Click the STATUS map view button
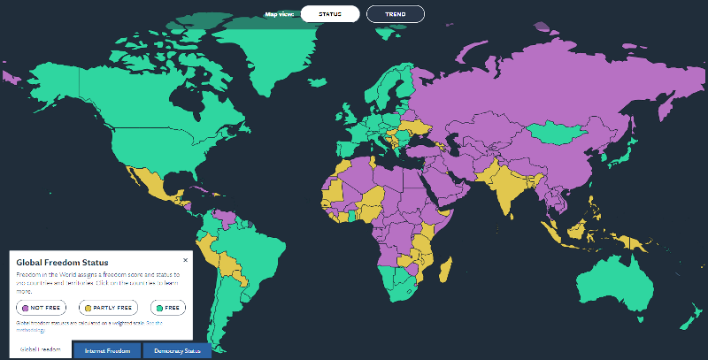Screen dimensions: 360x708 [x=329, y=14]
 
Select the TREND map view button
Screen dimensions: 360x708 [x=395, y=14]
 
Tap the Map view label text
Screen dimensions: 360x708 [x=280, y=14]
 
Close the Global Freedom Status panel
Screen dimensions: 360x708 [x=185, y=260]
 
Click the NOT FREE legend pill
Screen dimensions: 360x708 [x=41, y=307]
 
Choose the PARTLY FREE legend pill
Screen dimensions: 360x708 [x=109, y=307]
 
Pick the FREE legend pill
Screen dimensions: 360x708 [x=167, y=307]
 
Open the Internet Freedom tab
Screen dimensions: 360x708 [x=107, y=351]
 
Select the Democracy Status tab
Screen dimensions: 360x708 [x=177, y=351]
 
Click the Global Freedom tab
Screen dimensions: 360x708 [x=41, y=351]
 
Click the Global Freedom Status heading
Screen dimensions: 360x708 [x=62, y=263]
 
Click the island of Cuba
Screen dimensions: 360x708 [x=200, y=187]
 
